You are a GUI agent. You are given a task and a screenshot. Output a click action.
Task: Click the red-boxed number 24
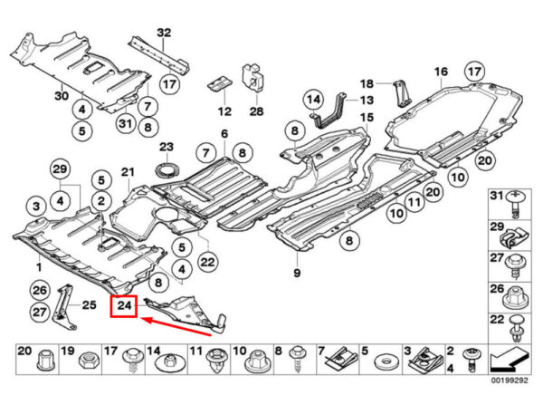(123, 308)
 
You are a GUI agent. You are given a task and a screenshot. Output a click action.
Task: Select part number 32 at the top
(163, 34)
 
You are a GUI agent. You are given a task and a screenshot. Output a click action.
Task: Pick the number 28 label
(256, 111)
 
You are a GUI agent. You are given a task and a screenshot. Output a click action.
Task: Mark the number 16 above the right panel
(441, 72)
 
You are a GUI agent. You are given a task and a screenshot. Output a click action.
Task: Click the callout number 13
(367, 101)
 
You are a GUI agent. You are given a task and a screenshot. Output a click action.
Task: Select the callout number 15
(367, 118)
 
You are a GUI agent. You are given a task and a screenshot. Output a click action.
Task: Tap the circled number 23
(166, 147)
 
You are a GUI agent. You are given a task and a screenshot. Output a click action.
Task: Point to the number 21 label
(127, 172)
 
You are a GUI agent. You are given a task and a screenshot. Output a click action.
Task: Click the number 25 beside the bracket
(90, 305)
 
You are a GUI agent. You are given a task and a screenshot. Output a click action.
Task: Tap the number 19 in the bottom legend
(66, 351)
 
